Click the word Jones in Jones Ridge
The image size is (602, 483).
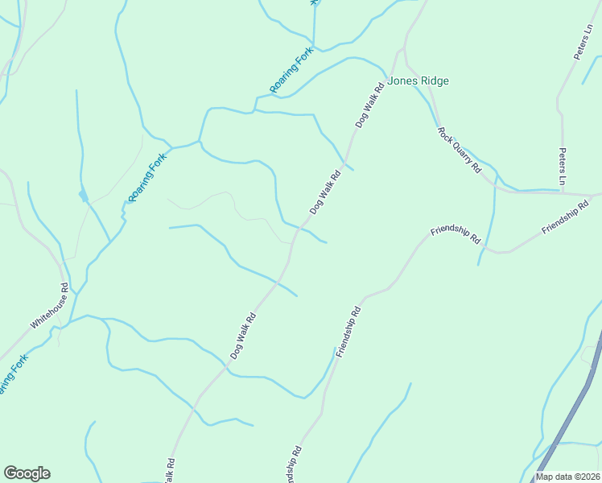pos(402,80)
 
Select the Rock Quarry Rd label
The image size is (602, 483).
pos(459,150)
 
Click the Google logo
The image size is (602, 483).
pos(27,473)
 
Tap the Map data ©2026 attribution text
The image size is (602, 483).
pos(567,477)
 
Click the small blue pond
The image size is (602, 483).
pos(83,196)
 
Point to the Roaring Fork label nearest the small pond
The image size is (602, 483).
pos(146,177)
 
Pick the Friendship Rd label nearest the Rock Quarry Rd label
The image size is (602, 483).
pos(455,234)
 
